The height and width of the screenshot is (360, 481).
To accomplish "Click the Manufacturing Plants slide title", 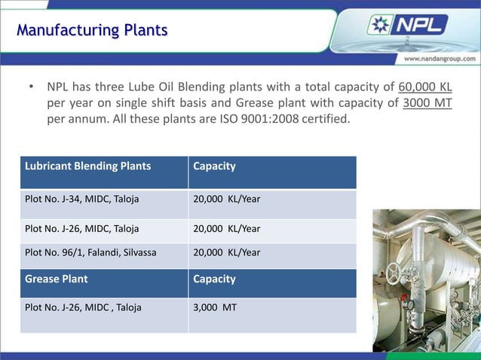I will pos(92,31).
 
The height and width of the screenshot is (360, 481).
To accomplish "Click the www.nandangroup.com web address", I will pos(439,58).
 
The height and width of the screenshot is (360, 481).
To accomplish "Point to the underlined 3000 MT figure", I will pos(427,103).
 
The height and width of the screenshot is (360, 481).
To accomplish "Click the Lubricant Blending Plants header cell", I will pos(87,166).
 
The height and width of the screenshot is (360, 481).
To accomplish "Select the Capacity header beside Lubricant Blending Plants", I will pos(215,166).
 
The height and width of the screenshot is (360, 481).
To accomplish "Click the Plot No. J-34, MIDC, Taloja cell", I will pos(82,200).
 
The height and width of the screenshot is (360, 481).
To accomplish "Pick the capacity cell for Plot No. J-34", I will pos(227,200).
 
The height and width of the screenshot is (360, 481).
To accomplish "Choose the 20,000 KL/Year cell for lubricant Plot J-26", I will pos(227,229).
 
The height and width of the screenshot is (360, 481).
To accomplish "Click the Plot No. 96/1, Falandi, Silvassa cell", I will pos(90,253).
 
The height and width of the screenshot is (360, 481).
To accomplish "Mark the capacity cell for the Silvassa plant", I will pos(227,253).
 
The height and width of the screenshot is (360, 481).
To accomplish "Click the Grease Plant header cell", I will pos(57,279).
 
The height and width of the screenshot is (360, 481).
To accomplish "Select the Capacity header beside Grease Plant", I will pos(215,279).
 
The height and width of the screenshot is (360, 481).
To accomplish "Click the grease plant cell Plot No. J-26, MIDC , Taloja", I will pos(83,307).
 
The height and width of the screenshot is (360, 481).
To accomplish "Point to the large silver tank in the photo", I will pos(437,271).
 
